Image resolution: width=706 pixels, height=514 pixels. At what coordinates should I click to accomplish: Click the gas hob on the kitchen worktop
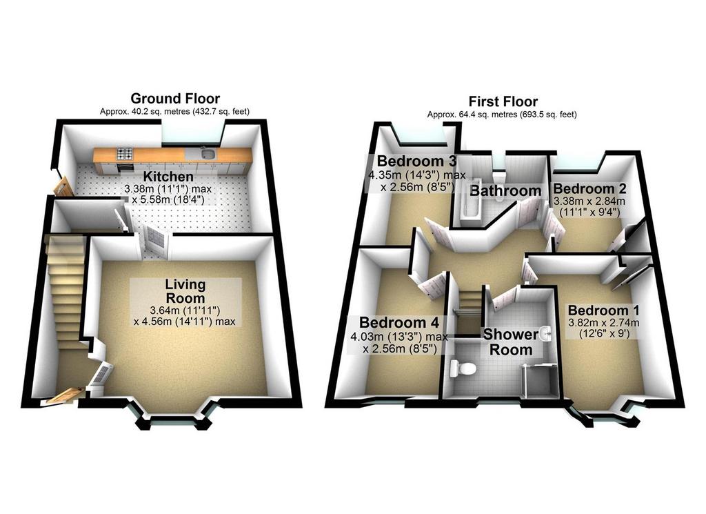tap(125, 154)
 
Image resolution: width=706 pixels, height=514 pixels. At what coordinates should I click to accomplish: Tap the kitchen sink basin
tap(208, 155)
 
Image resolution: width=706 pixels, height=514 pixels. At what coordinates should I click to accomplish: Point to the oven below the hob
tap(125, 167)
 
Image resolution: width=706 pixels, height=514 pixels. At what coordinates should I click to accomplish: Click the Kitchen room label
tap(168, 177)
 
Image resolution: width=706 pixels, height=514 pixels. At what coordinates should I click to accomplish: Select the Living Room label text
tap(185, 291)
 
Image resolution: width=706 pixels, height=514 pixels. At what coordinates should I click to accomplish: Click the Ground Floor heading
tap(175, 98)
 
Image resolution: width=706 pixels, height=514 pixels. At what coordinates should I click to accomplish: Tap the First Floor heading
tap(503, 101)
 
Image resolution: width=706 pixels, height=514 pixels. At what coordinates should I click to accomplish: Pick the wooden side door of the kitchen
tap(63, 186)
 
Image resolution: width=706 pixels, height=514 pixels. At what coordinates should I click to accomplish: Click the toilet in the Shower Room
tap(462, 368)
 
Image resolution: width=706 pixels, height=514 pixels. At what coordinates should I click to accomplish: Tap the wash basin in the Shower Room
tap(546, 334)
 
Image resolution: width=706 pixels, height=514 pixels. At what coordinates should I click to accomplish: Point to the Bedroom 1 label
tap(603, 310)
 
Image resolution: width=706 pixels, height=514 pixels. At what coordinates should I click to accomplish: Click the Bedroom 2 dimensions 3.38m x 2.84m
tap(589, 201)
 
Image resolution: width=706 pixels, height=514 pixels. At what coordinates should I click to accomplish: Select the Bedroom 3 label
tap(416, 161)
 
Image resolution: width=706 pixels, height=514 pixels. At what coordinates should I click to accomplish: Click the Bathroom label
tap(505, 190)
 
